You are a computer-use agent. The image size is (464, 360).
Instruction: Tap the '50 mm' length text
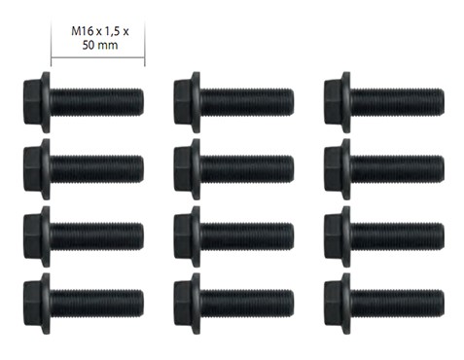coord(100,45)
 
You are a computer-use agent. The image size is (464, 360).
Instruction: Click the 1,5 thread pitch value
coord(111,31)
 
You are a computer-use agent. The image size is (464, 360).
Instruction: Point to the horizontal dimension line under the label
coord(98,57)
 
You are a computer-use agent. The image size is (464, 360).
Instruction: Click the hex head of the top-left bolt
coord(32,102)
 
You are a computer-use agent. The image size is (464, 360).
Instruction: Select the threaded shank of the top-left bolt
coord(97,102)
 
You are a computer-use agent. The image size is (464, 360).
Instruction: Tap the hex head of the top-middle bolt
coord(183,102)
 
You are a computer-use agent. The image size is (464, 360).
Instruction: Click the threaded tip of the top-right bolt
coord(441,102)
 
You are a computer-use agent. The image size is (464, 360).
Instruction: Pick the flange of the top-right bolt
coord(346,102)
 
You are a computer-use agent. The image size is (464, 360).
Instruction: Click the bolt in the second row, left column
coord(84,169)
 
